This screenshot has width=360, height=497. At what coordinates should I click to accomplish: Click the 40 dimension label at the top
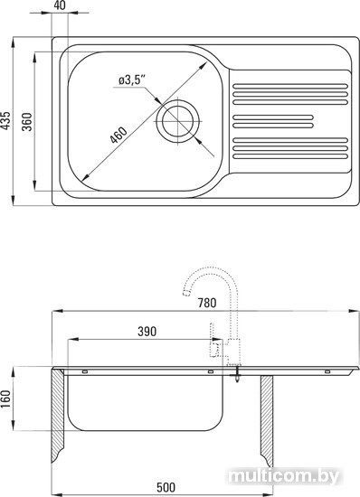[60, 5]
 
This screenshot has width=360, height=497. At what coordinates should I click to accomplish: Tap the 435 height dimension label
[5, 120]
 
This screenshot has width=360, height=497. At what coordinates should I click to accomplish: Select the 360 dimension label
[28, 122]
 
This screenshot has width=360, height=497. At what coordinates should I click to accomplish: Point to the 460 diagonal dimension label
[118, 135]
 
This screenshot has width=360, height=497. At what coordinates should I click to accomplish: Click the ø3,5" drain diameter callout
[132, 80]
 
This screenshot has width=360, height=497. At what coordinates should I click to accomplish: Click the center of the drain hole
[177, 121]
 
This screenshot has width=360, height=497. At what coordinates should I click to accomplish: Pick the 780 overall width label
[207, 303]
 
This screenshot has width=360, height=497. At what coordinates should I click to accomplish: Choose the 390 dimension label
[147, 332]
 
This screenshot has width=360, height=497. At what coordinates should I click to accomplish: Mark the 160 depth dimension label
[5, 399]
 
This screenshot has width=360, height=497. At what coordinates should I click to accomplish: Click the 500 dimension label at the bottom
[166, 487]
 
